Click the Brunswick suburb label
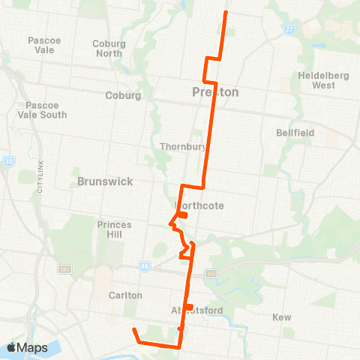105,181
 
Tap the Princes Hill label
114,229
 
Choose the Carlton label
125,295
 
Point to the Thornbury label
182,146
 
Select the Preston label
214,92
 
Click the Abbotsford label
193,313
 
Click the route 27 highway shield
289,29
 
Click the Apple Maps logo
27,348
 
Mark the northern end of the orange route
226,13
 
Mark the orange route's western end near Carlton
133,329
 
